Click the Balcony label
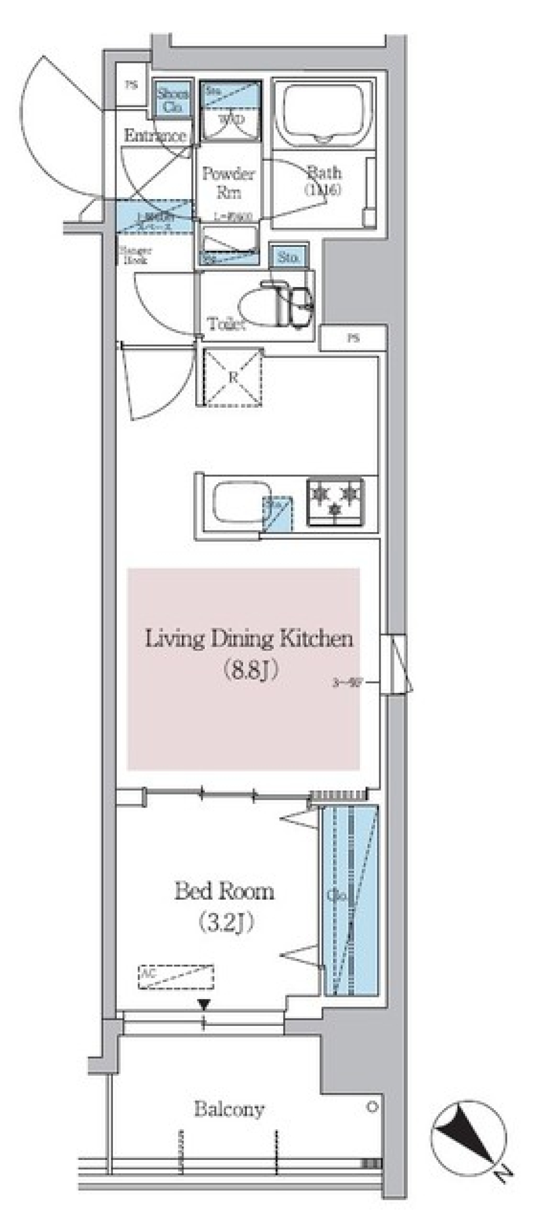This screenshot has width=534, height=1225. coord(229,1109)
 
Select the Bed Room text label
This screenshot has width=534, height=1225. coord(224,891)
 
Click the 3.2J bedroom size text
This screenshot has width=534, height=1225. coord(226,923)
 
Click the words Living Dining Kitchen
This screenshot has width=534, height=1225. coord(249,638)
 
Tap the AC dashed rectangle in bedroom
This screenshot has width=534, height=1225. coord(176,977)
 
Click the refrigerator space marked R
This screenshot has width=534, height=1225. coord(233,377)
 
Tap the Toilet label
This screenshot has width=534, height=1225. coord(226,324)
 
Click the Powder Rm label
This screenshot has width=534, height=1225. coord(228,182)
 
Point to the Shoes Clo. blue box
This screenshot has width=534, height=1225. coord(172,100)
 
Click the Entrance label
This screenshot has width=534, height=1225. coord(155,135)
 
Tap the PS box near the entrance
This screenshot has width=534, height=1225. coord(131,85)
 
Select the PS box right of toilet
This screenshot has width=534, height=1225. coord(353,338)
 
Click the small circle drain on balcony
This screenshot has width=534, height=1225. coord(372,1107)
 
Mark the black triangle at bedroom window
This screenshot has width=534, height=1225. coord(204,1004)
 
